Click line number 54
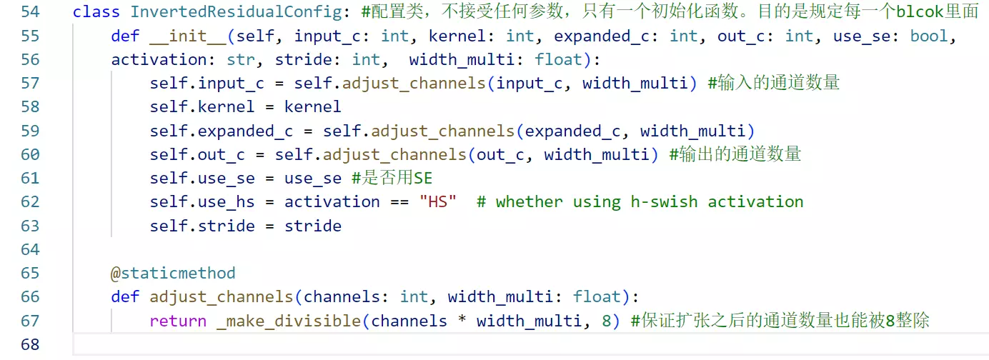pyautogui.click(x=31, y=11)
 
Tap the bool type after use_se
pyautogui.click(x=929, y=36)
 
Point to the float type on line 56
pyautogui.click(x=558, y=59)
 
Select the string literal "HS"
pyautogui.click(x=438, y=202)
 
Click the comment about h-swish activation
pyautogui.click(x=640, y=202)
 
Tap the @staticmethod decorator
pyautogui.click(x=173, y=274)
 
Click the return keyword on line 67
pyautogui.click(x=178, y=321)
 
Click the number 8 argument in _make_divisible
pyautogui.click(x=606, y=321)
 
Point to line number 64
pyautogui.click(x=31, y=250)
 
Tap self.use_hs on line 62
pyautogui.click(x=202, y=202)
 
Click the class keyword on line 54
pyautogui.click(x=96, y=11)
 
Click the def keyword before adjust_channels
pyautogui.click(x=125, y=297)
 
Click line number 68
pyautogui.click(x=31, y=345)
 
